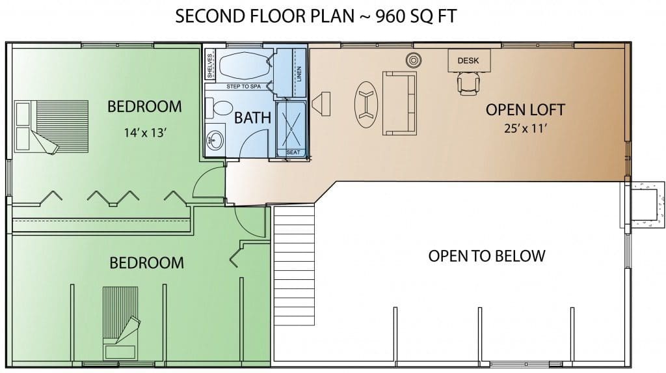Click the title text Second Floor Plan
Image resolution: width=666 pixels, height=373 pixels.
pos(265,16)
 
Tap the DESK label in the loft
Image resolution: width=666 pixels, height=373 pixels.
pos(468,61)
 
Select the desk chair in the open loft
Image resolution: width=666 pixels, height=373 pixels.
pos(468,83)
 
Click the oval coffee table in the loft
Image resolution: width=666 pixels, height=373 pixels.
pos(366,104)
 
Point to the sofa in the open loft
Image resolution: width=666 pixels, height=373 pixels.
pos(399,104)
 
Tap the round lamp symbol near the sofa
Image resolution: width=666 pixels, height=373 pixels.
pos(413,61)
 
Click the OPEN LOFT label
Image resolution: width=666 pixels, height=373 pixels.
pos(525,110)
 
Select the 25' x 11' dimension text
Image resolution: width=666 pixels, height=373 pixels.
pos(525,128)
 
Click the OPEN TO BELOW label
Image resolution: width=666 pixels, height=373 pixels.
pos(486,256)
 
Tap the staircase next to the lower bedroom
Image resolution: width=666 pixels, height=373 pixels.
pos(294,265)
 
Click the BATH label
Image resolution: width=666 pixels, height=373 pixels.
pos(252,118)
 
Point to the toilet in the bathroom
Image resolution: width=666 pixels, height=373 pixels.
pos(218,108)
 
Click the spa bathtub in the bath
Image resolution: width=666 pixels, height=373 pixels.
pos(245,66)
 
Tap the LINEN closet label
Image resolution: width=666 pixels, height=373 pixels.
pos(299,75)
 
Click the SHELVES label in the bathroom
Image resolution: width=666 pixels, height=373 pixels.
pos(210,66)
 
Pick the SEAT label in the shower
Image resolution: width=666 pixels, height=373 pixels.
pos(293,152)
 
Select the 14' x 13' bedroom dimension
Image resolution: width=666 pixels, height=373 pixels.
pos(145,133)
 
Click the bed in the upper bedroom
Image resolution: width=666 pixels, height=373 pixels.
pos(51,127)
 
